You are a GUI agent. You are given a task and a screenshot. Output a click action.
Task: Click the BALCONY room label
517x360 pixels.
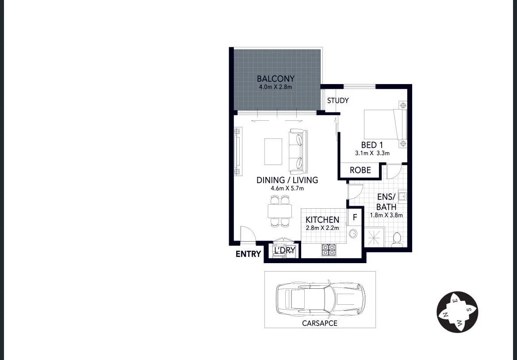(x=276, y=79)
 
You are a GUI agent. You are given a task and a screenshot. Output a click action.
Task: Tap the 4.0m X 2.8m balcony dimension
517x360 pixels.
(x=276, y=87)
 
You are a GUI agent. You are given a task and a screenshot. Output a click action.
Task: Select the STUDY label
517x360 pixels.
(x=338, y=100)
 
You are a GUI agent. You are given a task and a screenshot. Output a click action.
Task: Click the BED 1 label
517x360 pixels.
(x=372, y=145)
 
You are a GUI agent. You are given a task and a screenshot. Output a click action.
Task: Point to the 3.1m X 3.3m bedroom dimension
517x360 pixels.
(x=372, y=153)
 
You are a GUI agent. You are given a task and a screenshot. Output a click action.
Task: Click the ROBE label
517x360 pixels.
(x=360, y=170)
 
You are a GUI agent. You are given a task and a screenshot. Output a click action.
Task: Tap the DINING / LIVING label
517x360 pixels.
(x=287, y=180)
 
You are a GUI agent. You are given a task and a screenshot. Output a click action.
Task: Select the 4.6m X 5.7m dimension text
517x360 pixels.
(x=287, y=188)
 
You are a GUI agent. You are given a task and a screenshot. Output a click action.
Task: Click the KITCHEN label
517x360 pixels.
(x=322, y=220)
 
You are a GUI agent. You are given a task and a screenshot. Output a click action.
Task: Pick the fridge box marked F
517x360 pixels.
(x=355, y=218)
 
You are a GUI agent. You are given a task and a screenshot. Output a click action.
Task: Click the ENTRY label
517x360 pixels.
(x=248, y=254)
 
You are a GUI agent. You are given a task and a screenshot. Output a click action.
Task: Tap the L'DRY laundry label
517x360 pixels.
(x=284, y=251)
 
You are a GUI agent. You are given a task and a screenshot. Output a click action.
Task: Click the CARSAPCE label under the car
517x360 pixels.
(x=319, y=323)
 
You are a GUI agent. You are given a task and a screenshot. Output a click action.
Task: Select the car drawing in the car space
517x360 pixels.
(x=320, y=299)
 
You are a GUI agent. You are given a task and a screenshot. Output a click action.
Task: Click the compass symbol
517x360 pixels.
(x=457, y=312)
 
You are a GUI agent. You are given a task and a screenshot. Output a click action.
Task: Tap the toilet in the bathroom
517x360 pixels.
(x=396, y=239)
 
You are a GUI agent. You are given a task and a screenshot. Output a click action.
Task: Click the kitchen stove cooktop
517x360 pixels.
(x=328, y=250)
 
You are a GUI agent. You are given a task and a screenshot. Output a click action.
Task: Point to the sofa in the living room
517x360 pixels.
(x=298, y=152)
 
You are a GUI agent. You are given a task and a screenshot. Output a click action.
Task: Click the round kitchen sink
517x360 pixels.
(x=353, y=234)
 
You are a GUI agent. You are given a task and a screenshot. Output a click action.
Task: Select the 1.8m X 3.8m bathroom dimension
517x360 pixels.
(x=386, y=216)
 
